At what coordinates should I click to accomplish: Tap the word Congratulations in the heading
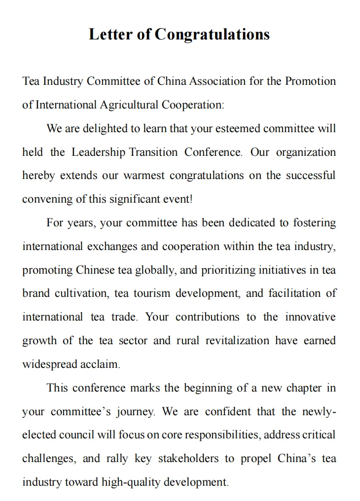pos(212,35)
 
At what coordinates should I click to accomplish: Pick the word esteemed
pos(237,129)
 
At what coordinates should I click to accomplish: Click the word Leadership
pos(99,152)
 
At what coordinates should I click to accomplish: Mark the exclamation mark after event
pos(191,199)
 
